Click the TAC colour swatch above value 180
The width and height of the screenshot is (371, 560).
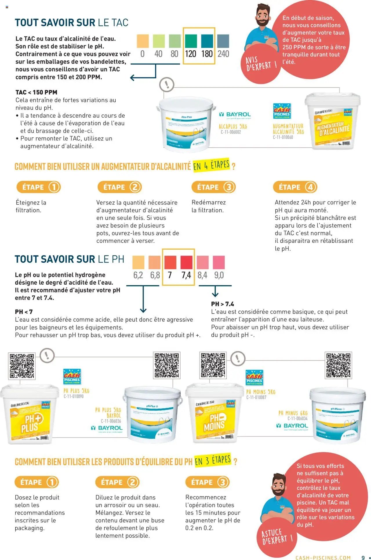coord(207,41)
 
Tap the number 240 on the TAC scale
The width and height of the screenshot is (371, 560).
coord(223,54)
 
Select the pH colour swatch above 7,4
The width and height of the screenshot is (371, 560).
coord(186,262)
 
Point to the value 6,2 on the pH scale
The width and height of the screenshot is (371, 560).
coord(138,275)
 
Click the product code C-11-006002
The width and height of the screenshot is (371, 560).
coord(231,132)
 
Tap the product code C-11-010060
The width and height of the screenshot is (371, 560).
coord(283,137)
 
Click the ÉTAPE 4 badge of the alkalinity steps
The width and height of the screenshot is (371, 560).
coord(295,187)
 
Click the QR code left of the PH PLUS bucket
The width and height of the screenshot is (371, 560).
coord(22,366)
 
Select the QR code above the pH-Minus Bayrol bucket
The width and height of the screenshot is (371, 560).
coord(338,365)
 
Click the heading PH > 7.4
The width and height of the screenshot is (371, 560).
coord(222,304)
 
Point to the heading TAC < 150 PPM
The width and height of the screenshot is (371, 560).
coord(36,92)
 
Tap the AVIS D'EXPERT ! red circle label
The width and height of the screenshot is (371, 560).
coord(261,64)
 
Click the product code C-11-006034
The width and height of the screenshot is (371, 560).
coord(297,418)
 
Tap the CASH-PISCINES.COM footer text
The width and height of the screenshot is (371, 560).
coord(323,558)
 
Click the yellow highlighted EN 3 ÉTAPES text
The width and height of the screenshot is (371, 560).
coord(213,460)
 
